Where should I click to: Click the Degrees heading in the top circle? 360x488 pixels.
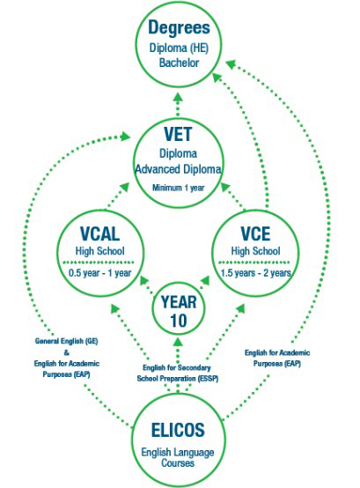(x=179, y=27)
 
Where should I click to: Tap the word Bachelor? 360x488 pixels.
(x=179, y=63)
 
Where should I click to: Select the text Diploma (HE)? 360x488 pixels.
(x=179, y=48)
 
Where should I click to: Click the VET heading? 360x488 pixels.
(x=178, y=134)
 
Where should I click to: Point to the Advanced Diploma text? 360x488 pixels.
(x=178, y=169)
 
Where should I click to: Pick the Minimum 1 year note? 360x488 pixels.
(x=179, y=188)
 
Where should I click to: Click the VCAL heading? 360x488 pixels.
(x=99, y=233)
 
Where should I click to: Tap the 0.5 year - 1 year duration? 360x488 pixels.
(x=99, y=273)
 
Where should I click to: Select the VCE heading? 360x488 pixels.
(x=255, y=233)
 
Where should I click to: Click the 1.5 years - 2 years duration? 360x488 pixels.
(x=255, y=273)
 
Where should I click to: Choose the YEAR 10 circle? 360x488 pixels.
(x=179, y=308)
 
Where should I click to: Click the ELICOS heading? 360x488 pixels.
(x=178, y=430)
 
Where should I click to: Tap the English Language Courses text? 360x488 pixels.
(x=178, y=457)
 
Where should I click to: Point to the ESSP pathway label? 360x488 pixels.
(x=177, y=373)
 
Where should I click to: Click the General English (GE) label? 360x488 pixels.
(x=67, y=341)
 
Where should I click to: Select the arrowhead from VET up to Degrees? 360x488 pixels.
(x=178, y=97)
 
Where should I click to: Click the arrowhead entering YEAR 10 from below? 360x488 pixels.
(x=178, y=342)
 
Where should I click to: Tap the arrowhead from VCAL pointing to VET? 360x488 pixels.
(x=124, y=188)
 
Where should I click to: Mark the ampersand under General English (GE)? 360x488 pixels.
(x=67, y=352)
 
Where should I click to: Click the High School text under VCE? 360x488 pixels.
(x=255, y=251)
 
